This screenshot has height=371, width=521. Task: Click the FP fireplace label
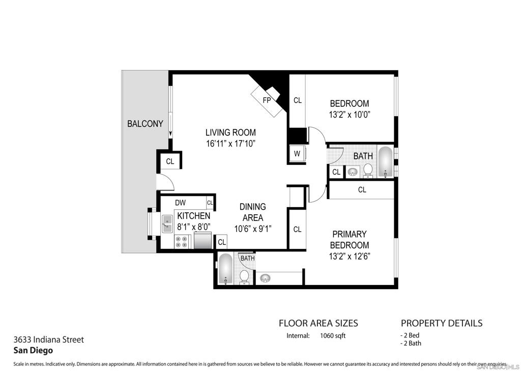[x=267, y=100]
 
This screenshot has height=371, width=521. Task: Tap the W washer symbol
[x=297, y=154]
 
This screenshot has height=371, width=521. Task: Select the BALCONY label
[x=145, y=124]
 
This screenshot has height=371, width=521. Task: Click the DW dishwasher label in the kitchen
[x=180, y=203]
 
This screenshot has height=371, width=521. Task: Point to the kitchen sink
[x=167, y=224]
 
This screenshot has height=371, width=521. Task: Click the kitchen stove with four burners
[x=182, y=242]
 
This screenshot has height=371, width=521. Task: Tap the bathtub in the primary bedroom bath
[x=225, y=269]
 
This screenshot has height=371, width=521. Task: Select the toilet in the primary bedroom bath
[x=244, y=277]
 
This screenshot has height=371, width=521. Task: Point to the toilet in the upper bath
[x=368, y=170]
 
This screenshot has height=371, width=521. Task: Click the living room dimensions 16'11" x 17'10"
[x=230, y=144]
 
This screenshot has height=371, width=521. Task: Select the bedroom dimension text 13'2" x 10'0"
[x=350, y=115]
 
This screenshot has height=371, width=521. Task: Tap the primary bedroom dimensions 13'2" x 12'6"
[x=350, y=256]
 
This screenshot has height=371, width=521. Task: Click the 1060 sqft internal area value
[x=333, y=336]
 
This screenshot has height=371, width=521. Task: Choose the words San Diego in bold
[x=33, y=350]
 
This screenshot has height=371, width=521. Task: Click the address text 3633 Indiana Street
[x=48, y=339]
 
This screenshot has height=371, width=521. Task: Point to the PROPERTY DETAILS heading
[x=442, y=323]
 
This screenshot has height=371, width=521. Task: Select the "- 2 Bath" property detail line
[x=411, y=344]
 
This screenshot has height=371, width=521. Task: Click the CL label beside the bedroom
[x=297, y=100]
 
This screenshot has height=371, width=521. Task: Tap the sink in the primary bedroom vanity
[x=265, y=277]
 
